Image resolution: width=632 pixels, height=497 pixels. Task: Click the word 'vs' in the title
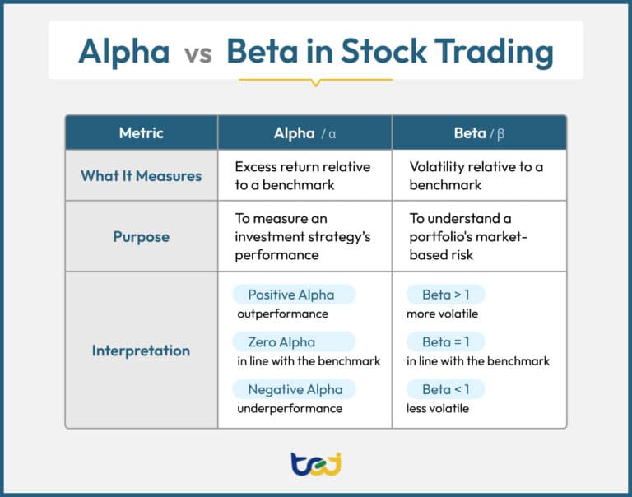point(197,54)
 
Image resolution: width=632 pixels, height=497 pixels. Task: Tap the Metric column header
point(141,133)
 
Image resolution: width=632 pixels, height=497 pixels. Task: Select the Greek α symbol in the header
point(332,134)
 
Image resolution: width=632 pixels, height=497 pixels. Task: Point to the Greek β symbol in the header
point(500,134)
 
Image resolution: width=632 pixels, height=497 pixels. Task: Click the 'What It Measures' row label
point(141,176)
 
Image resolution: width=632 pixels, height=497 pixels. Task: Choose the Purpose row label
point(141,237)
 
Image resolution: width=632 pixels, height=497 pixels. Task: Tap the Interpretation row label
point(141,351)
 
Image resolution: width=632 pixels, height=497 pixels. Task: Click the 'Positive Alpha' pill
point(294,295)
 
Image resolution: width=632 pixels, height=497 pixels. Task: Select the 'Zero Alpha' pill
point(294,341)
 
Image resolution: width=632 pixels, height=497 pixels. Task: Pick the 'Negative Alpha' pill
point(294,389)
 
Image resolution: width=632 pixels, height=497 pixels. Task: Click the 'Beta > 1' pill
point(445,295)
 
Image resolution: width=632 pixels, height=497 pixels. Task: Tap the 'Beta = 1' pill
point(445,341)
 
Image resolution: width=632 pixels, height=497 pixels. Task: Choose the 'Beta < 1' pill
point(445,389)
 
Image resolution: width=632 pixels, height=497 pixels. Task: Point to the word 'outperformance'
point(282,314)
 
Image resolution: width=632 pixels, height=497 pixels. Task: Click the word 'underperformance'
point(290,409)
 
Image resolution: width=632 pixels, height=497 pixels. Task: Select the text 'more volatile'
point(442,314)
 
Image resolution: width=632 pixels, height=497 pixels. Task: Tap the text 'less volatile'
point(438,408)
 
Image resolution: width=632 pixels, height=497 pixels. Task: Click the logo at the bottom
point(316,464)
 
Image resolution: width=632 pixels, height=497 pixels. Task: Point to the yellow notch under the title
point(316,83)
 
